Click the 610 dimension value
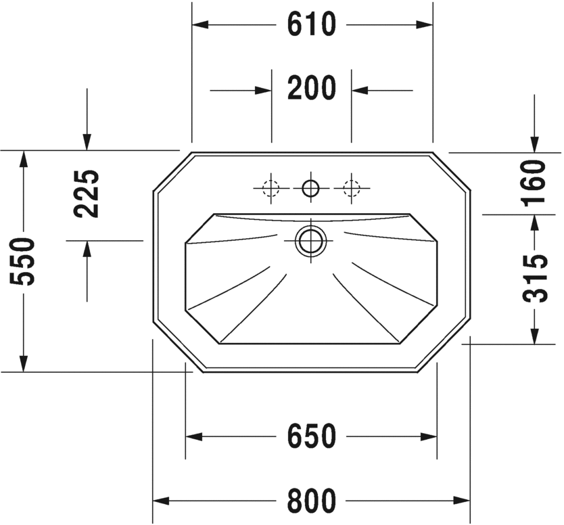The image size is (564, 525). pos(311,25)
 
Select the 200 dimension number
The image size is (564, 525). pos(311,89)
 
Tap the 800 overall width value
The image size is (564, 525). pos(311,501)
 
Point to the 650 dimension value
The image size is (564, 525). pos(311,437)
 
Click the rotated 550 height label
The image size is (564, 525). pos(24,261)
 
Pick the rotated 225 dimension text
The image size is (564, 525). pos(87,193)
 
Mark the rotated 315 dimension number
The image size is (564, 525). pos(536,278)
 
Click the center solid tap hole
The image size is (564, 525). pos(311,187)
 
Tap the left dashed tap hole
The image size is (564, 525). pos(271,187)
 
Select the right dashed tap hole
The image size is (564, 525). pos(351,187)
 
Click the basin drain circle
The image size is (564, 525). pos(311,239)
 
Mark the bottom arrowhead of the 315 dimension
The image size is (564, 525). pos(536,336)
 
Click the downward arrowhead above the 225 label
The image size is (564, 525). pos(87,141)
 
